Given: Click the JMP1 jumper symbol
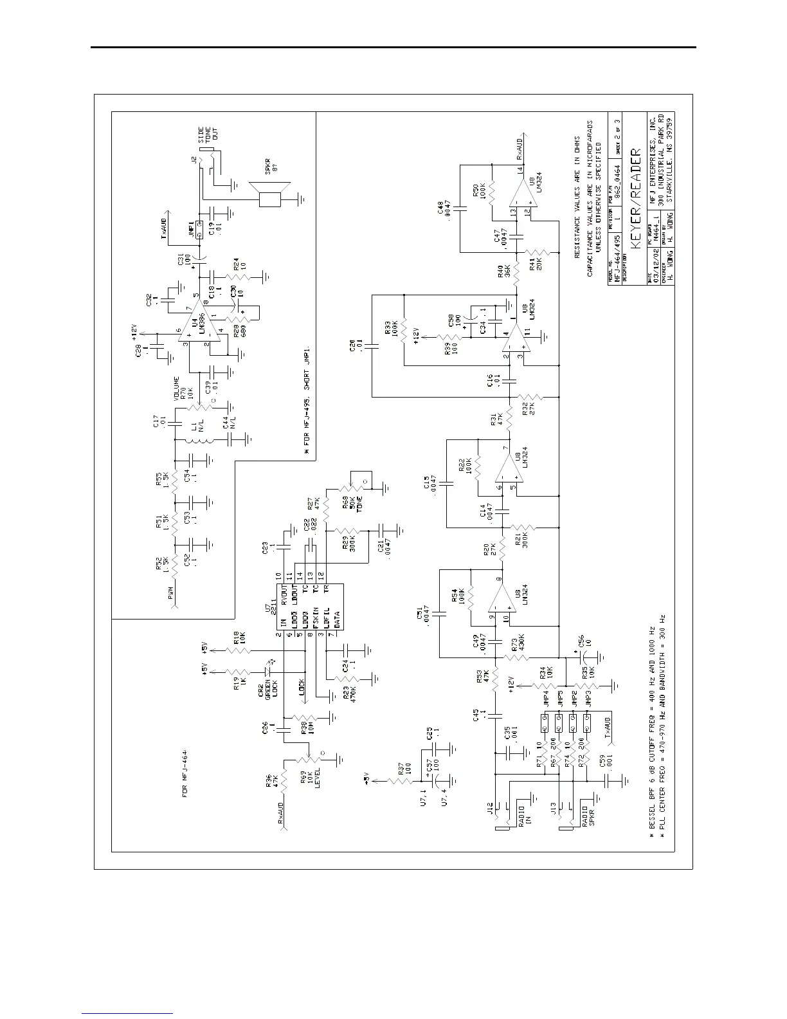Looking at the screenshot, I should (199, 229).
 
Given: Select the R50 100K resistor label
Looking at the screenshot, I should (478, 190).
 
